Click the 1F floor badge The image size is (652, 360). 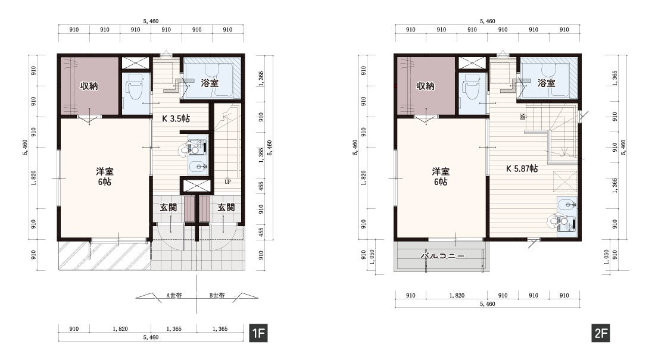point(258,333)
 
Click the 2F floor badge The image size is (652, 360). point(601,333)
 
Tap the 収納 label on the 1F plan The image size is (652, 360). point(89,86)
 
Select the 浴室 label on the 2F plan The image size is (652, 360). point(546,83)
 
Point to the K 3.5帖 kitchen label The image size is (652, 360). point(176,118)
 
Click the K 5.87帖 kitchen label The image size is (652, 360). point(522,168)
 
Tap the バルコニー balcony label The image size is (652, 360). point(442,256)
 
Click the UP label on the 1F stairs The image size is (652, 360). point(227,181)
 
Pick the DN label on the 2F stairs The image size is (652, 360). point(522,117)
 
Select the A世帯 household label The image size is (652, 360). point(174,296)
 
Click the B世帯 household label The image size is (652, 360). point(217,296)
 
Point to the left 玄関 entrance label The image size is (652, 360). point(169,207)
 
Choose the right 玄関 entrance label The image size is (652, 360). point(226,207)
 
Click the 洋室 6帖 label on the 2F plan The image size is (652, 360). point(441,176)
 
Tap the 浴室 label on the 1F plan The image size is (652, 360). point(210,83)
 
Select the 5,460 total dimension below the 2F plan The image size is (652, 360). point(487,304)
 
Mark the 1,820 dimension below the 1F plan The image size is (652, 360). point(120,329)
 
